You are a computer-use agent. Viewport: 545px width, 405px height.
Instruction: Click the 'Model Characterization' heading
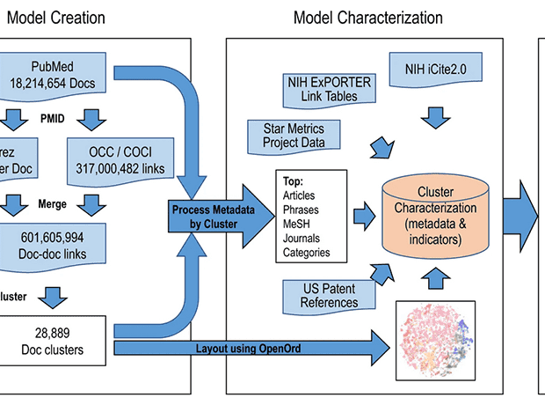(x=367, y=17)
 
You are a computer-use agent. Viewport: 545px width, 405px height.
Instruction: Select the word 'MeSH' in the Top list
(x=296, y=225)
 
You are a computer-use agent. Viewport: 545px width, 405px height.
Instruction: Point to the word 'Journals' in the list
(x=302, y=239)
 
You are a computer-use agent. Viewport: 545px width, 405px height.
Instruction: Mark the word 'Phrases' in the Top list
(x=302, y=210)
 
